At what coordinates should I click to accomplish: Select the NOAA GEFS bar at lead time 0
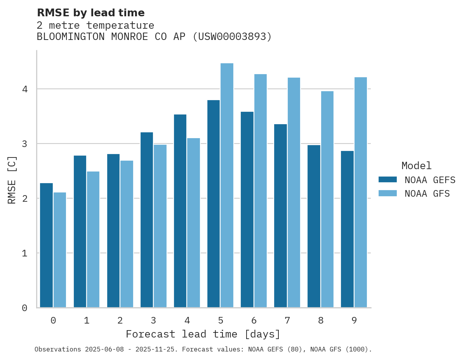[x=46, y=245]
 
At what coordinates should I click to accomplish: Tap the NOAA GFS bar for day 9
[x=361, y=192]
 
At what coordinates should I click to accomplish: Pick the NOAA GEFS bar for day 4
[x=180, y=211]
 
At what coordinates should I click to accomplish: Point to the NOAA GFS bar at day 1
[x=93, y=239]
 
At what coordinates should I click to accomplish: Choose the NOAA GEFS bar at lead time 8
[x=314, y=226]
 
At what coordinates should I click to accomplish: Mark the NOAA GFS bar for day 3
[x=160, y=226]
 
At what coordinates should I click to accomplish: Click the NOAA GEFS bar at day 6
[x=247, y=209]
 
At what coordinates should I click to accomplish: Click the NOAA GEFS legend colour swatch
[x=388, y=180]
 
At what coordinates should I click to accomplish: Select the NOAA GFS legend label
[x=427, y=194]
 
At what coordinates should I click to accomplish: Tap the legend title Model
[x=416, y=166]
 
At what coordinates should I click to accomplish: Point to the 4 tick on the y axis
[x=25, y=89]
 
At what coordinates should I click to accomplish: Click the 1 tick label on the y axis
[x=25, y=253]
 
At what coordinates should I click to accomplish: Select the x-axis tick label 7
[x=287, y=320]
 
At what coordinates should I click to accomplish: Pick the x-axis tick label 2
[x=120, y=320]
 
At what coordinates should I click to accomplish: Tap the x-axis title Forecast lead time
[x=203, y=334]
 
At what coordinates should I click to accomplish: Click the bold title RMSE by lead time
[x=90, y=13]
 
